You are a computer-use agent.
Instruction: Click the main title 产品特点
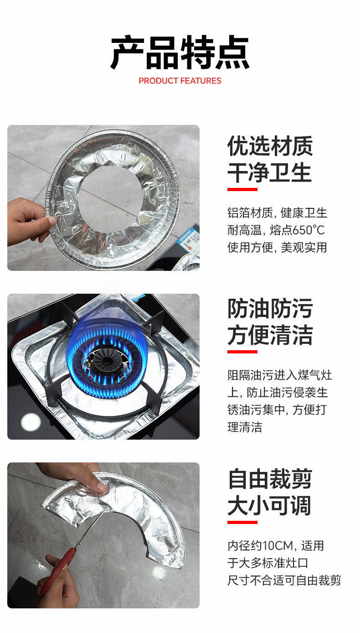pos(180,52)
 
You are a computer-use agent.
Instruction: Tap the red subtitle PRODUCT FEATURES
pos(180,81)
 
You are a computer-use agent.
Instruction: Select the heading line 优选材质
pos(270,146)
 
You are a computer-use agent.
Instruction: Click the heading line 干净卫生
pos(270,172)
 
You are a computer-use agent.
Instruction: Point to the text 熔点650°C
pos(297,230)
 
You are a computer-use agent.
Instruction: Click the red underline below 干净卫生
pos(242,189)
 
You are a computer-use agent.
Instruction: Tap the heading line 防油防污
pos(270,308)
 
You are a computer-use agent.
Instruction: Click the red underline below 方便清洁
pos(242,352)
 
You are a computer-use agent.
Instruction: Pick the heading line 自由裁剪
pos(270,479)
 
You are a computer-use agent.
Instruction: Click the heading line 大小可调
pos(270,505)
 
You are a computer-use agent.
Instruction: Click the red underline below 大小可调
pos(242,522)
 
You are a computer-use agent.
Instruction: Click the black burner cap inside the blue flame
pos(107,361)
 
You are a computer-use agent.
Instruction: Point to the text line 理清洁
pos(245,427)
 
